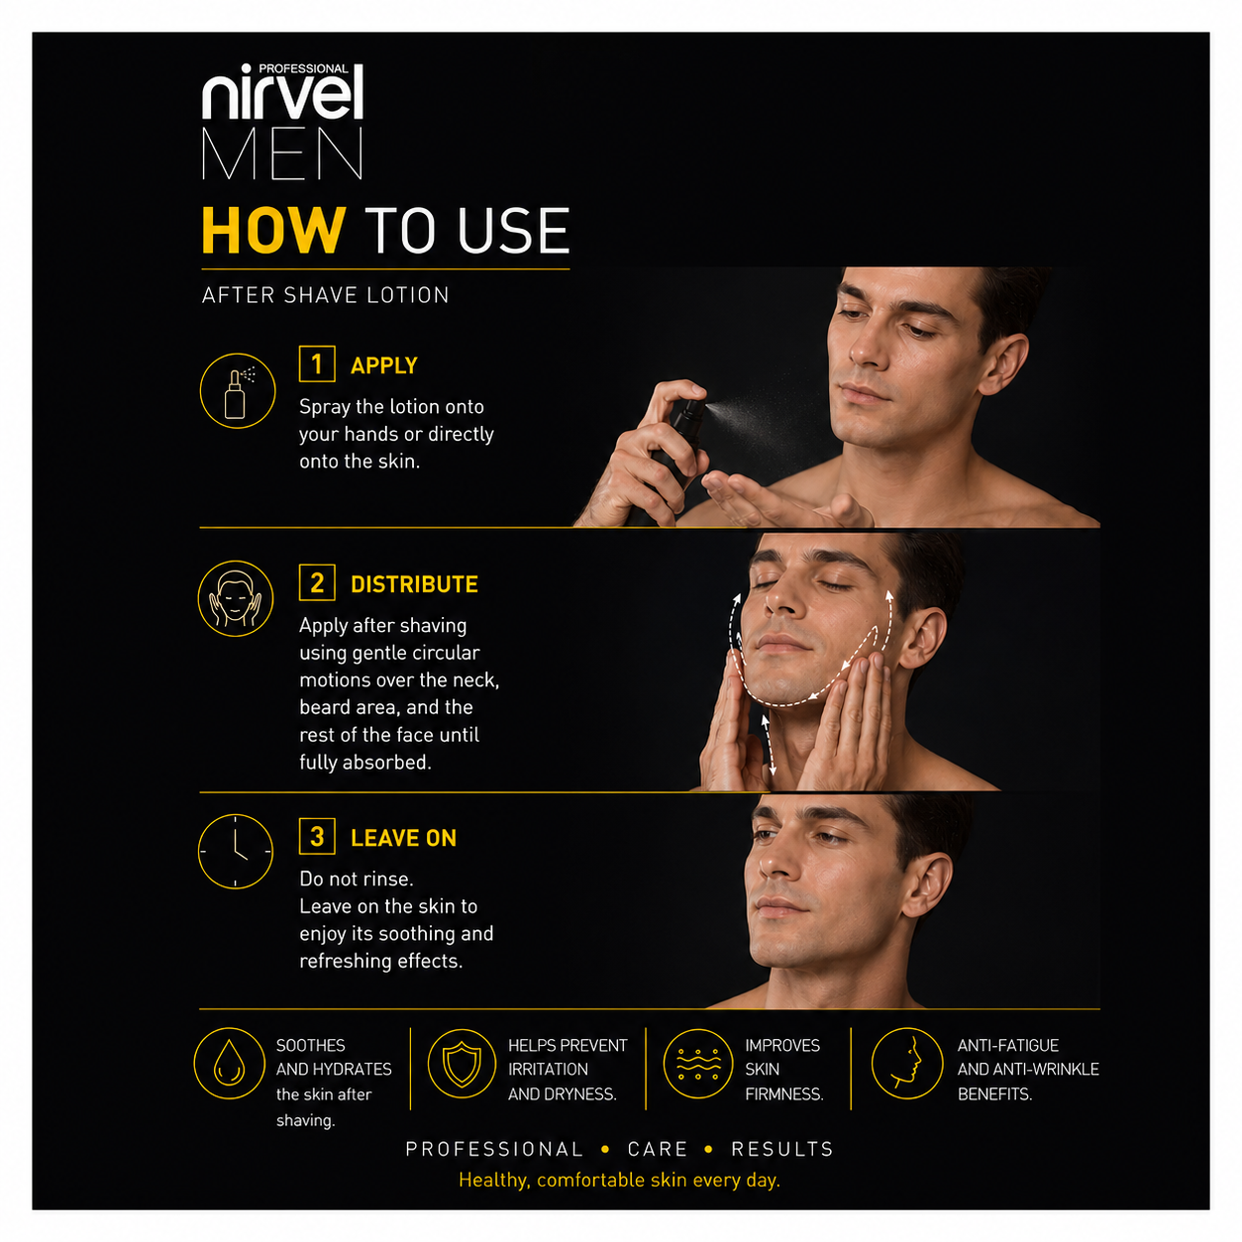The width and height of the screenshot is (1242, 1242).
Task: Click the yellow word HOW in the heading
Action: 273,230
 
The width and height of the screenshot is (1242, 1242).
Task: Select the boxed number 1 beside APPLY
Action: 317,363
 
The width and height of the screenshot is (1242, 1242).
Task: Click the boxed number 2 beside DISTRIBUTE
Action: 317,582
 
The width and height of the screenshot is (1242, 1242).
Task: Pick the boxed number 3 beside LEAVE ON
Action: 317,836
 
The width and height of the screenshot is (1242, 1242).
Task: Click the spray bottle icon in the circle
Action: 237,390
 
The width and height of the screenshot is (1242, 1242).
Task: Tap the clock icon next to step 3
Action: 236,852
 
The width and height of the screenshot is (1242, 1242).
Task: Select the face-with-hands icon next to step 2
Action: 236,598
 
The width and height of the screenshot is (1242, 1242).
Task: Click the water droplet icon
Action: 229,1064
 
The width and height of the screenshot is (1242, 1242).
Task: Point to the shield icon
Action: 462,1064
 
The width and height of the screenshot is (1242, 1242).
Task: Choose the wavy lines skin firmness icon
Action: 698,1064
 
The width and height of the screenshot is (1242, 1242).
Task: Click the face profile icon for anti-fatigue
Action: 907,1064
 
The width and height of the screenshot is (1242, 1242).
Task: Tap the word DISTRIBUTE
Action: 414,584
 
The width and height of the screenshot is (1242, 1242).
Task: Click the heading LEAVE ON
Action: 403,838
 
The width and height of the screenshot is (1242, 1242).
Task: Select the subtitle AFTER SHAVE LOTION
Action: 325,295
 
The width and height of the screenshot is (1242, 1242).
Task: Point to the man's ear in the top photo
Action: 1003,364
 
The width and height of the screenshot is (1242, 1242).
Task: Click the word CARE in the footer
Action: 657,1149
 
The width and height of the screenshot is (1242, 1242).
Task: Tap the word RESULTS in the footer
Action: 782,1149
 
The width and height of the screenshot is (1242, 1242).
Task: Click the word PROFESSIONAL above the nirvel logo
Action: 303,68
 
